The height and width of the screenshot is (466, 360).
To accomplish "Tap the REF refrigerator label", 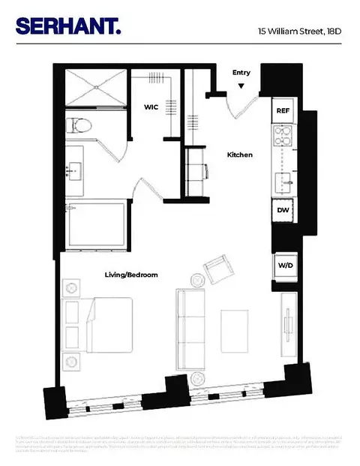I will pyautogui.click(x=283, y=110).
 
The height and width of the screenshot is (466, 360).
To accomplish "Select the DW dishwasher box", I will pyautogui.click(x=283, y=210).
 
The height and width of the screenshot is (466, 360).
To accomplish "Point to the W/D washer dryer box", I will pyautogui.click(x=284, y=265).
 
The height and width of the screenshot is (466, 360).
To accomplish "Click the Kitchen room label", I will pyautogui.click(x=240, y=155).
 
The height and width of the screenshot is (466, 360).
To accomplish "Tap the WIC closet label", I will pyautogui.click(x=151, y=107).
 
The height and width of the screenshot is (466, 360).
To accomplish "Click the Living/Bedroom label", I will pyautogui.click(x=131, y=275).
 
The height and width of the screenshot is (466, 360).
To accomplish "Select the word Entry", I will pyautogui.click(x=241, y=72).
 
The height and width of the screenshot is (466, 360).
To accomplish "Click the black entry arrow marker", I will pyautogui.click(x=241, y=86).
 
